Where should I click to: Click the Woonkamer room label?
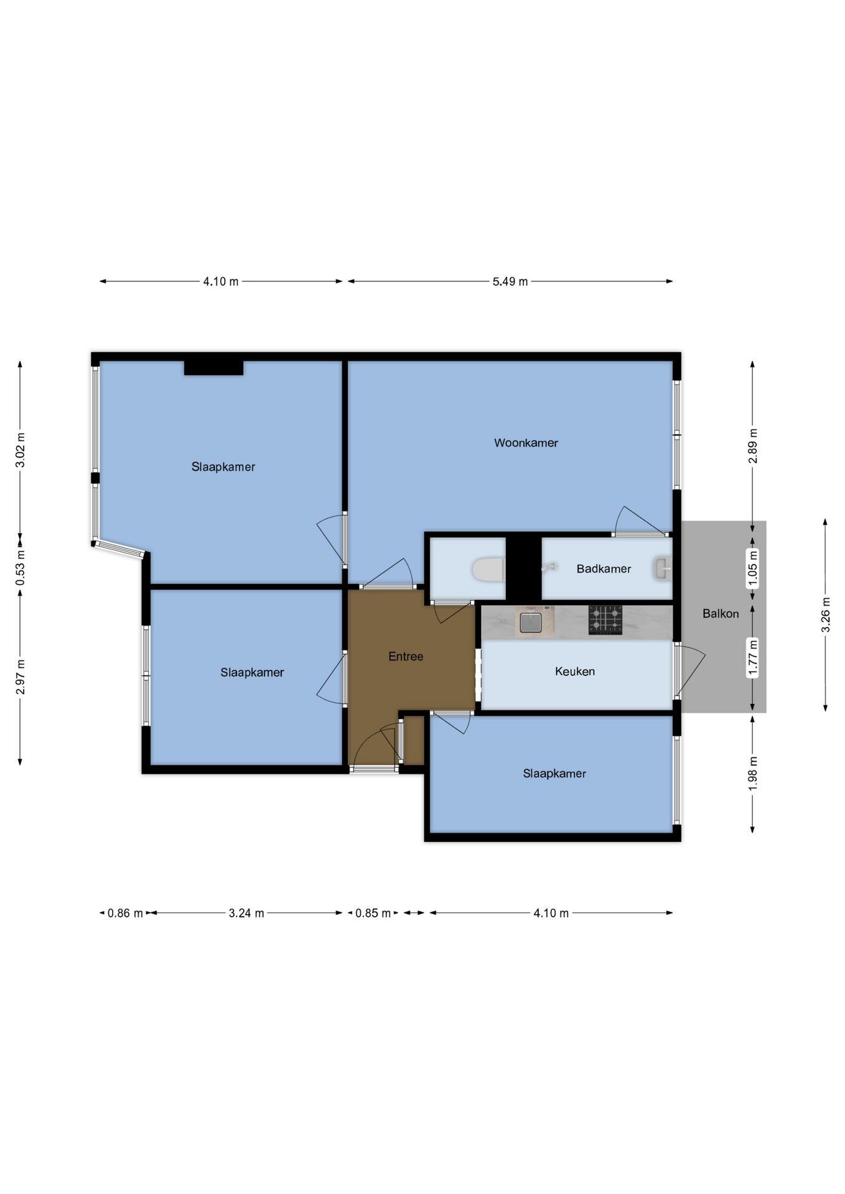pyautogui.click(x=526, y=443)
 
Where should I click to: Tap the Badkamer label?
pyautogui.click(x=604, y=568)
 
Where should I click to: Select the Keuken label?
pyautogui.click(x=575, y=671)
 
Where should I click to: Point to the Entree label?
pyautogui.click(x=406, y=656)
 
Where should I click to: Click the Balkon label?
pyautogui.click(x=721, y=613)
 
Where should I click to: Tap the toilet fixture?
pyautogui.click(x=488, y=569)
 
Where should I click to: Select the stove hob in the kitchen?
pyautogui.click(x=605, y=620)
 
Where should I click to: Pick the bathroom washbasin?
pyautogui.click(x=663, y=568)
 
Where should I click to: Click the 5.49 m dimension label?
pyautogui.click(x=510, y=282)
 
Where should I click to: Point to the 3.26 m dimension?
pyautogui.click(x=826, y=614)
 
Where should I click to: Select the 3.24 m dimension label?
pyautogui.click(x=246, y=913)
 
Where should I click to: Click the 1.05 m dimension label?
pyautogui.click(x=753, y=568)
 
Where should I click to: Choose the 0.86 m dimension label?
pyautogui.click(x=125, y=913)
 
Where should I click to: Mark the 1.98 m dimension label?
pyautogui.click(x=753, y=774)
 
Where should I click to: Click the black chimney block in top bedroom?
pyautogui.click(x=213, y=368)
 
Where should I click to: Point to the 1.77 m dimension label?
pyautogui.click(x=753, y=658)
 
